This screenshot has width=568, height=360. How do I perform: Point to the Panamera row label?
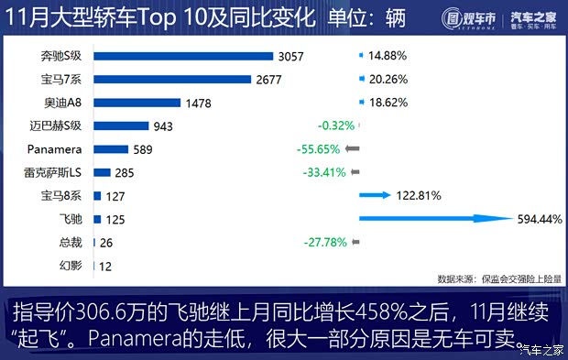tap(56, 149)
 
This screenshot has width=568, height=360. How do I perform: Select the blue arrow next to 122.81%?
tap(375, 195)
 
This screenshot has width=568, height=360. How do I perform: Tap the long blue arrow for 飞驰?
tap(435, 219)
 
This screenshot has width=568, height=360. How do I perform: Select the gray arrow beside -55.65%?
tap(353, 149)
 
